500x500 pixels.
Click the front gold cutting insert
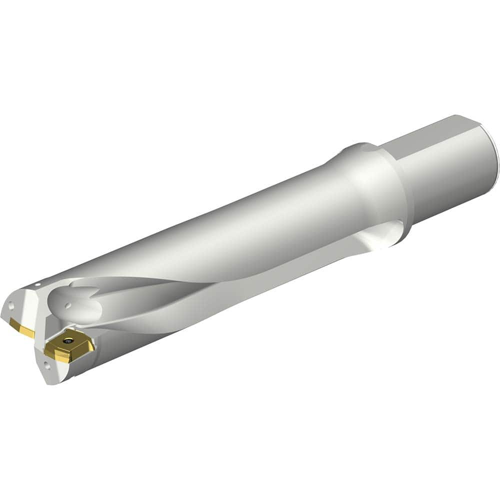point(69,346)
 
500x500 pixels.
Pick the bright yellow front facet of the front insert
point(62,356)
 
